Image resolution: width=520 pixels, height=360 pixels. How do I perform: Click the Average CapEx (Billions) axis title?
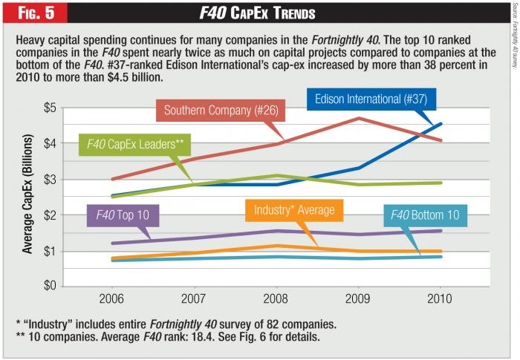point(27,197)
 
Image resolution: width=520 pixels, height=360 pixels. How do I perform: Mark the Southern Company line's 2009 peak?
point(358,118)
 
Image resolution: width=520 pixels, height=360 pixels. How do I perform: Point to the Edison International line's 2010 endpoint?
point(440,124)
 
